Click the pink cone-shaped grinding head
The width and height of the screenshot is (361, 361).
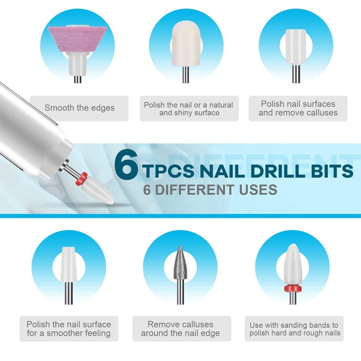77,40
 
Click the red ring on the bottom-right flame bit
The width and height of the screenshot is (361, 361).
293,288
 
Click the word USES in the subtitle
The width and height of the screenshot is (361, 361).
258,190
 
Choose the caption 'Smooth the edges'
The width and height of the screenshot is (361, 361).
79,108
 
